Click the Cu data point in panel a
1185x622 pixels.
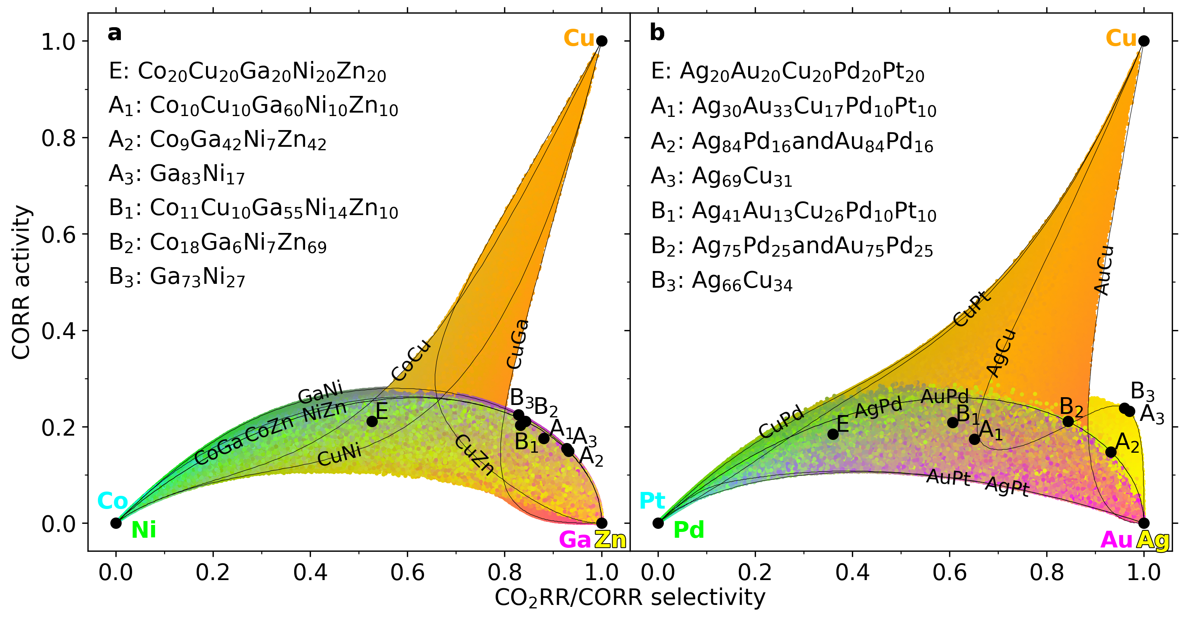click(601, 41)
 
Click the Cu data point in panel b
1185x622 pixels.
click(1143, 41)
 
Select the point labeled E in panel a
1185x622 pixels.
click(372, 421)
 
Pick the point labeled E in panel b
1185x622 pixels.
click(832, 434)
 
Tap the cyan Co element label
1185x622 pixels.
click(113, 500)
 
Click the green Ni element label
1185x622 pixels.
click(143, 530)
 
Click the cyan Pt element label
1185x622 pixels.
click(652, 500)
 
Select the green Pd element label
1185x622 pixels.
click(689, 530)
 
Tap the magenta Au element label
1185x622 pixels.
click(1117, 540)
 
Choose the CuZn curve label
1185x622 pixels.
click(474, 455)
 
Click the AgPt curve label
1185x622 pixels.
click(1007, 486)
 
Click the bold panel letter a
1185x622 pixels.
click(115, 33)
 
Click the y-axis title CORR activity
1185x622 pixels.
click(21, 282)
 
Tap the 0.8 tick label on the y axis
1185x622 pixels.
click(58, 137)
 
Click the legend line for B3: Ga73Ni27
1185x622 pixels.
click(177, 277)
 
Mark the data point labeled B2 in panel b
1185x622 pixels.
click(1068, 421)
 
